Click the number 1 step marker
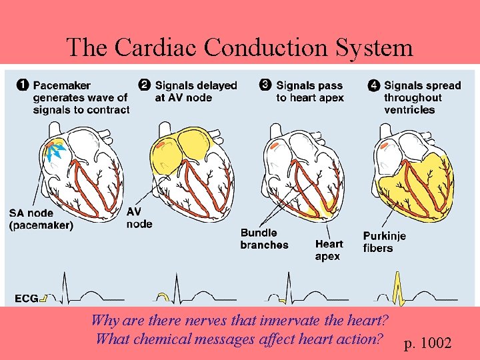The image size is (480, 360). (x=22, y=85)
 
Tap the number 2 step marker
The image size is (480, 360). (x=144, y=85)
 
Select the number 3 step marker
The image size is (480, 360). (x=265, y=85)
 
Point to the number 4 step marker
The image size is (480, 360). (x=373, y=85)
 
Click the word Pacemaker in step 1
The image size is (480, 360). (x=62, y=85)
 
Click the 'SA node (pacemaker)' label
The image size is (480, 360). (x=41, y=219)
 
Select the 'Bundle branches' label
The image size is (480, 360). (x=264, y=239)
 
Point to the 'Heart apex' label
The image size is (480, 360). (x=329, y=250)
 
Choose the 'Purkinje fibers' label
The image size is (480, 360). (x=385, y=242)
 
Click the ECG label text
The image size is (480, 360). (x=25, y=298)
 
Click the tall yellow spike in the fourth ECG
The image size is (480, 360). (x=399, y=287)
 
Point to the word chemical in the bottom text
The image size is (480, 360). (x=163, y=339)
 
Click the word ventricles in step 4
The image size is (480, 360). (x=409, y=110)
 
